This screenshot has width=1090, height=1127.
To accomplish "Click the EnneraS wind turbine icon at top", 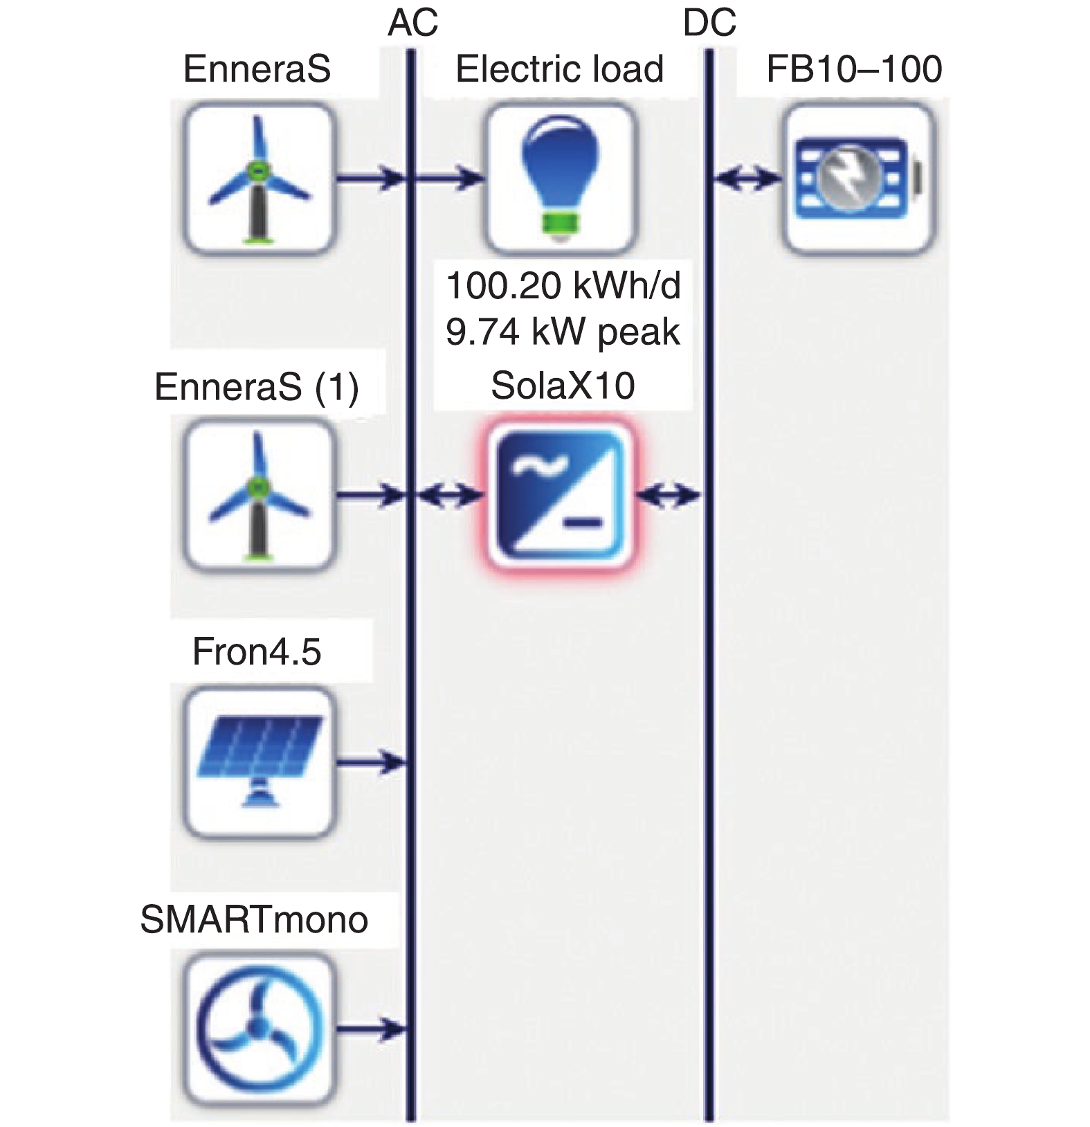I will (x=260, y=179).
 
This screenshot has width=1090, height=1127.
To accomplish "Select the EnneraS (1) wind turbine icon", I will (x=260, y=496).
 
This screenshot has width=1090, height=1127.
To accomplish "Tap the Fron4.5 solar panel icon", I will (x=260, y=762).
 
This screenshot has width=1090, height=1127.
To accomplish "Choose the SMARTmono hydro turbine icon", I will (x=260, y=1029).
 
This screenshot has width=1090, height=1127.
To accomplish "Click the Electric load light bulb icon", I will (x=560, y=179).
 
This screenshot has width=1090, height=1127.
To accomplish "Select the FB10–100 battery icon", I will (x=858, y=179).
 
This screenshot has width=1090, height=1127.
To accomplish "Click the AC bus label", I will (x=413, y=24).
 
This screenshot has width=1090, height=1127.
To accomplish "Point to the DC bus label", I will (x=709, y=24).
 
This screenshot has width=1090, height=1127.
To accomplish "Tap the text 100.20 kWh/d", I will (x=563, y=285).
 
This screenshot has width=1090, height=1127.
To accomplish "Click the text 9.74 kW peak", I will (x=563, y=332).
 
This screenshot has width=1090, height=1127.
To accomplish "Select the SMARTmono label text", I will (x=254, y=920).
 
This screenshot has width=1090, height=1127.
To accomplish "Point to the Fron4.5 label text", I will (x=257, y=651).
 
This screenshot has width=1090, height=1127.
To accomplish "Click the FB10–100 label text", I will (x=854, y=69).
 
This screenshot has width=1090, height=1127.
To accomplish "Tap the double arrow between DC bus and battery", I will (x=747, y=179).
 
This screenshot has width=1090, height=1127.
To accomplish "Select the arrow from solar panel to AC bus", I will (x=370, y=763).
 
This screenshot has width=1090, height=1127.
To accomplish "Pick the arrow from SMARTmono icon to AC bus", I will (x=370, y=1029).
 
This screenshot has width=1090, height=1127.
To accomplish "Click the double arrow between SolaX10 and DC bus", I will (x=669, y=496).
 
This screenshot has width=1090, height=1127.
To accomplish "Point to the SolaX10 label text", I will (x=563, y=386).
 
